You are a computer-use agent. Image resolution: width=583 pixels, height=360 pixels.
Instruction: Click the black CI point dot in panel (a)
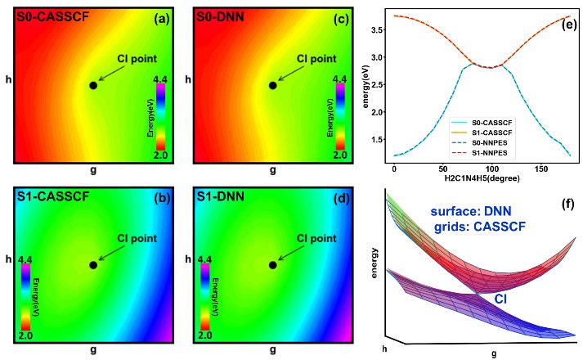pos(93,85)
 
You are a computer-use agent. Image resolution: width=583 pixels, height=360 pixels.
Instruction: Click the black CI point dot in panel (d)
pos(272,265)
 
